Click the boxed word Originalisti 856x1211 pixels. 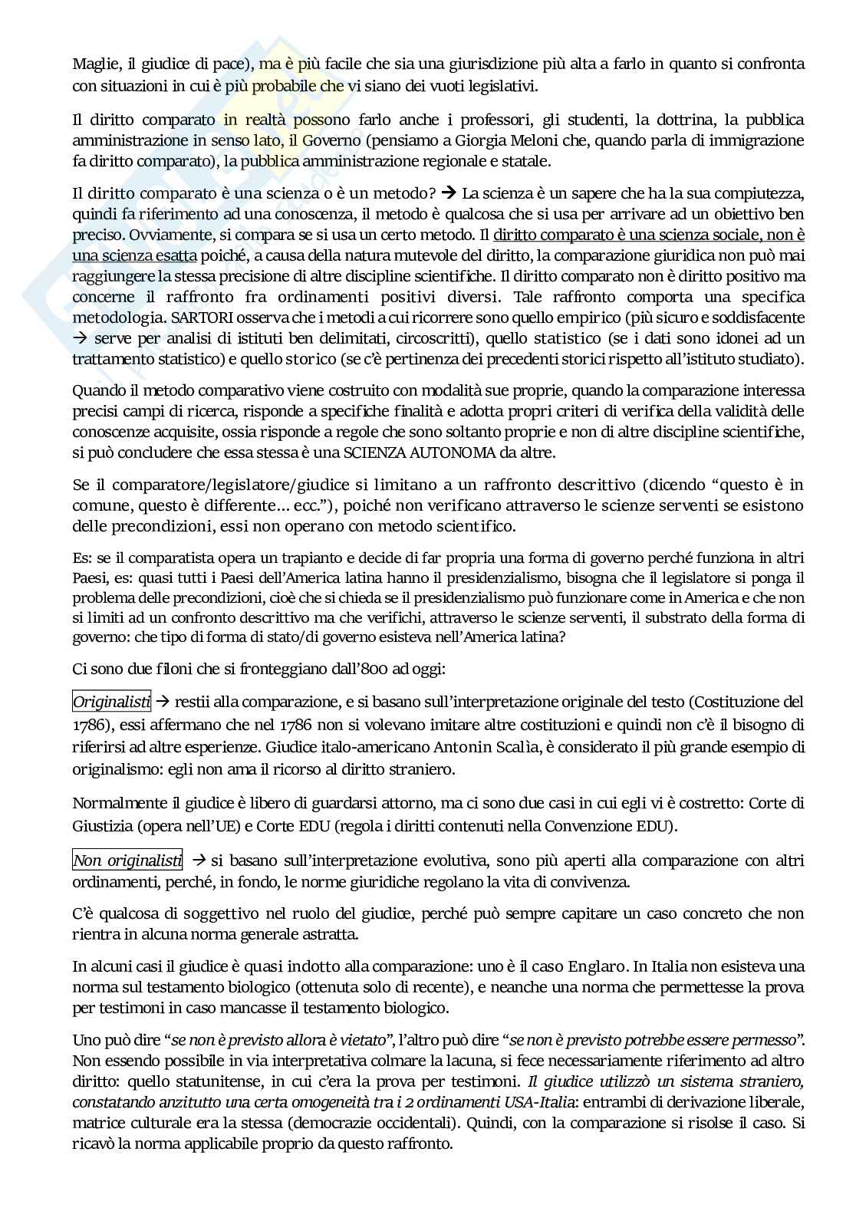click(x=112, y=701)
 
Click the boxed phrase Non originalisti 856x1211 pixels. click(x=127, y=860)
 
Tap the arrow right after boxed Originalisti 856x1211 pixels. click(x=163, y=701)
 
